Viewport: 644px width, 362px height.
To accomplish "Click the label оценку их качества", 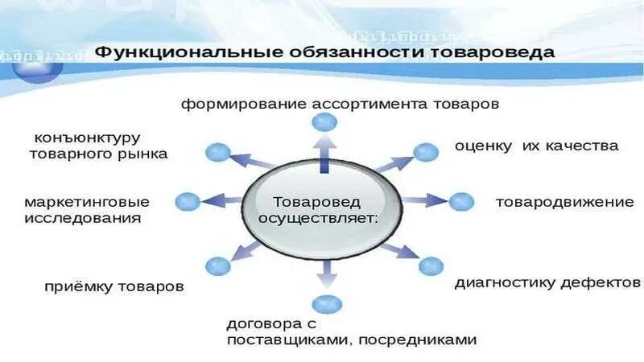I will click(536, 146).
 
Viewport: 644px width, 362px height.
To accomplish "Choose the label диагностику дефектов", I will click(547, 282).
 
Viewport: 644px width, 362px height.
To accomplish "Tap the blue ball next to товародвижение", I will click(460, 201).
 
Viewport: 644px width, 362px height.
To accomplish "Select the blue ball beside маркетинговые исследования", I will click(187, 201).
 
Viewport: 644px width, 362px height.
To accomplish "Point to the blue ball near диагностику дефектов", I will click(431, 266).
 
